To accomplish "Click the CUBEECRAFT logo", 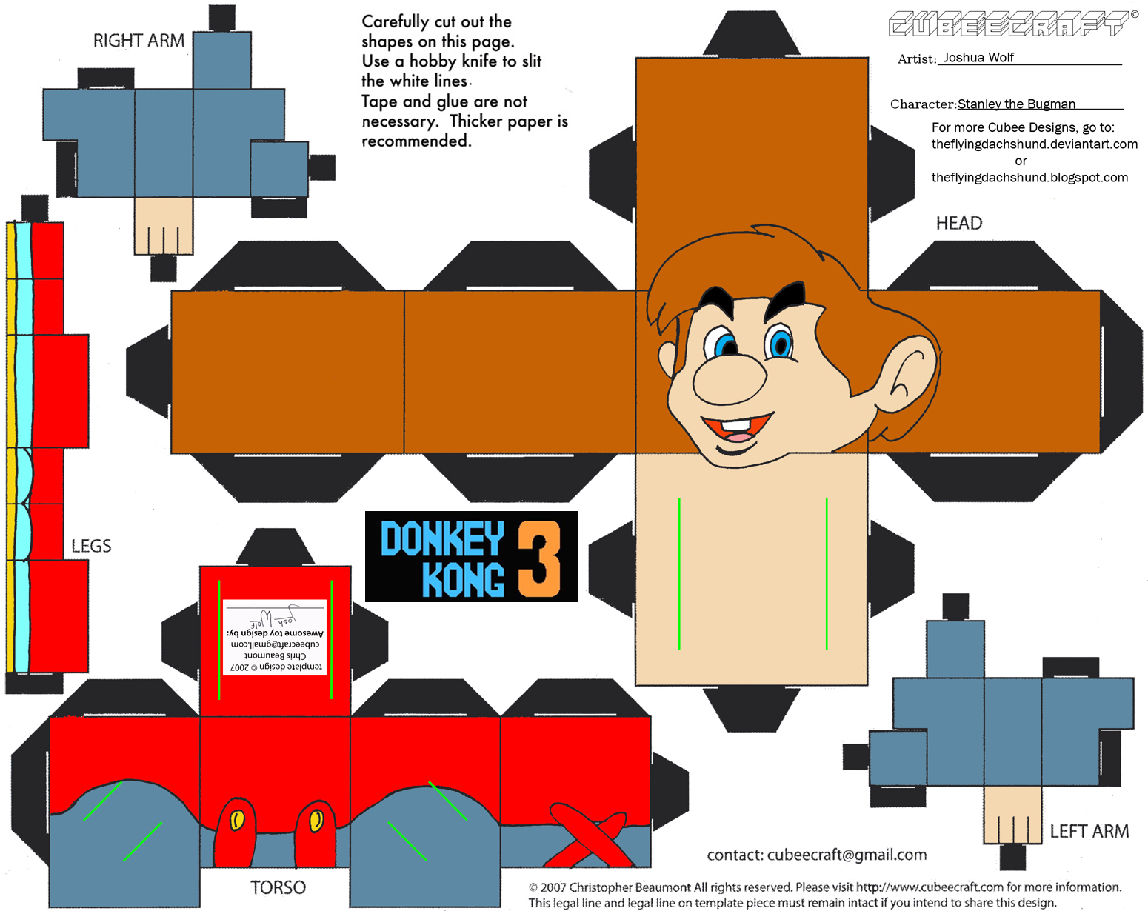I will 1011,24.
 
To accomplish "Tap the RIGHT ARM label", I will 139,41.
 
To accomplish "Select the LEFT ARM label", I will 1089,831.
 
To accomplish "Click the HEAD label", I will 958,223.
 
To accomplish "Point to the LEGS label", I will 91,546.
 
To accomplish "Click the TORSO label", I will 278,887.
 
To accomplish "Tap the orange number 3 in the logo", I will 538,559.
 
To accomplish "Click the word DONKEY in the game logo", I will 442,538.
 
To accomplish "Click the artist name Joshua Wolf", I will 978,58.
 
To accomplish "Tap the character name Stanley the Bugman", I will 1016,104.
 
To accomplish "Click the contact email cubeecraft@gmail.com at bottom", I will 847,855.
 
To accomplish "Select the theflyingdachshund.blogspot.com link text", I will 1029,178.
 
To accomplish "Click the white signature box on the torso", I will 275,637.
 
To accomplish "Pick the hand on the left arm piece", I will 1012,815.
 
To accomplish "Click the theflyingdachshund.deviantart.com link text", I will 1034,144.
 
